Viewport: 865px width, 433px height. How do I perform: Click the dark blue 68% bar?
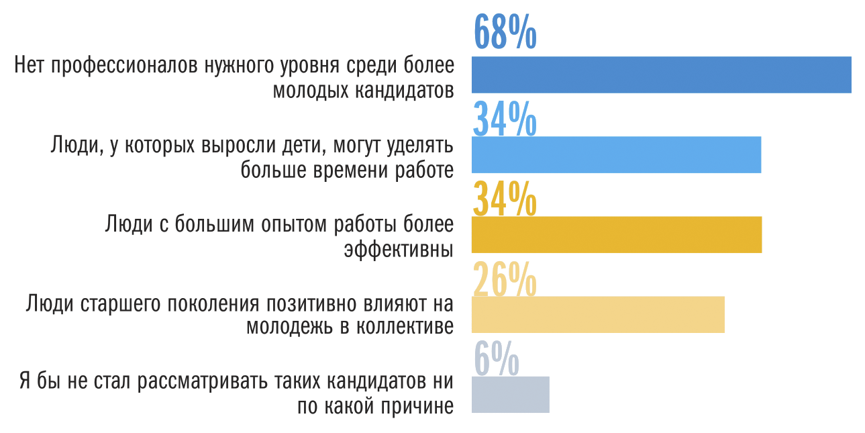click(661, 75)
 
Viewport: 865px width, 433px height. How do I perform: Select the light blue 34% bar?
click(616, 154)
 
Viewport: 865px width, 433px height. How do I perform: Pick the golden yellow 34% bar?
click(616, 234)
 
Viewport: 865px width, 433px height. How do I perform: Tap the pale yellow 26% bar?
click(598, 314)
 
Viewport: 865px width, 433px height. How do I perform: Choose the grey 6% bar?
click(510, 394)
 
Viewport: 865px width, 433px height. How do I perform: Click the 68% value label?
click(505, 32)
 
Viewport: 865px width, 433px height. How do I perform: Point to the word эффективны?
click(399, 249)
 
